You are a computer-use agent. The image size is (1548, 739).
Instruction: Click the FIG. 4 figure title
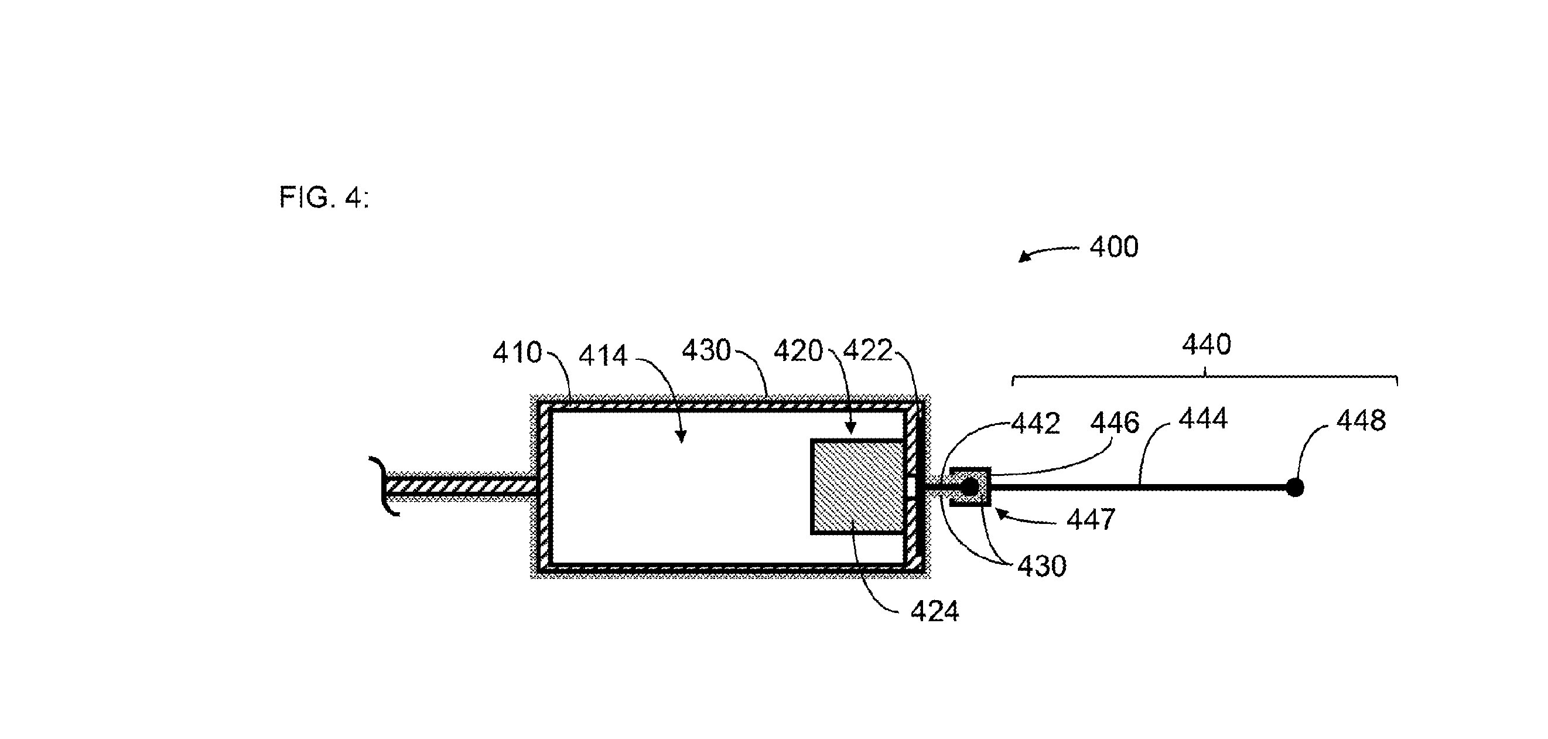324,197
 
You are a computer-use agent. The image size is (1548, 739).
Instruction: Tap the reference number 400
1113,247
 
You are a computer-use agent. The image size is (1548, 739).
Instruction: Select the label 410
517,352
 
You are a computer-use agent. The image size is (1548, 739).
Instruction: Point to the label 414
603,355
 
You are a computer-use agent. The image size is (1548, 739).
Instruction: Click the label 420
798,351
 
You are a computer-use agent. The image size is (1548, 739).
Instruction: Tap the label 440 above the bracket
1207,345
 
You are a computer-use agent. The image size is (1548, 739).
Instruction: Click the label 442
1036,424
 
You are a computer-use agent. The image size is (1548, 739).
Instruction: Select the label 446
1115,423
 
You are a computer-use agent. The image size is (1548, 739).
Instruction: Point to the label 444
1203,418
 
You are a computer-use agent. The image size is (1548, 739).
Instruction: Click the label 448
1361,421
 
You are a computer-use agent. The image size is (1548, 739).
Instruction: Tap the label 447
1091,519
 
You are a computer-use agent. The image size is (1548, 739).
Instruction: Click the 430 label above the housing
706,350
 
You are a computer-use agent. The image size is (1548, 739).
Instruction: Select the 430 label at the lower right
1042,567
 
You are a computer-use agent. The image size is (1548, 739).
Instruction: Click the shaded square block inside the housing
857,486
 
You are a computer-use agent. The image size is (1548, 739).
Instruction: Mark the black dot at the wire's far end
1295,487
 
